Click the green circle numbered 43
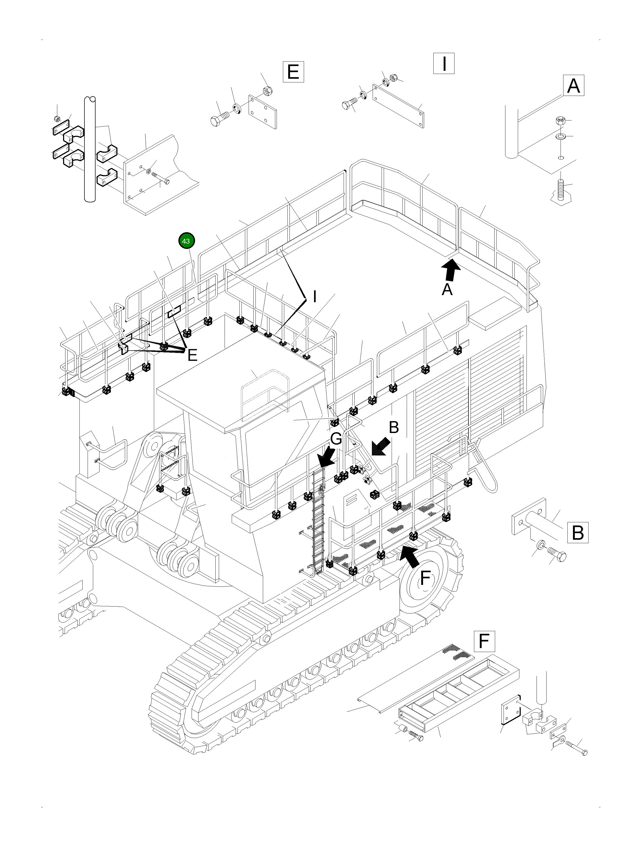pos(186,241)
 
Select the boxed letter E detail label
pos(293,72)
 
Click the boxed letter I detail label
pos(444,64)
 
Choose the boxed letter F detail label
pos(484,641)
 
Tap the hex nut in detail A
pos(559,121)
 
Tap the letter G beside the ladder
pos(336,439)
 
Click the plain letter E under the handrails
pos(192,356)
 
